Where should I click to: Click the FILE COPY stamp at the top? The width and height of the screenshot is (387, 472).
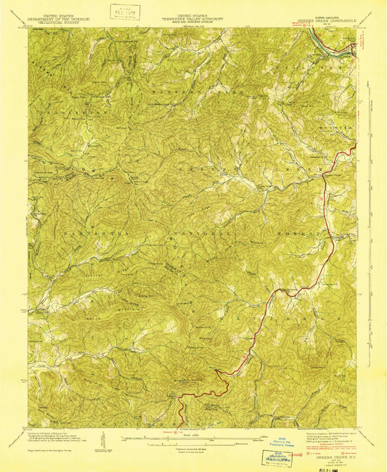[123, 12]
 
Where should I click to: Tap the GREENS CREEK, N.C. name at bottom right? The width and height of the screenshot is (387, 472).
[326, 439]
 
